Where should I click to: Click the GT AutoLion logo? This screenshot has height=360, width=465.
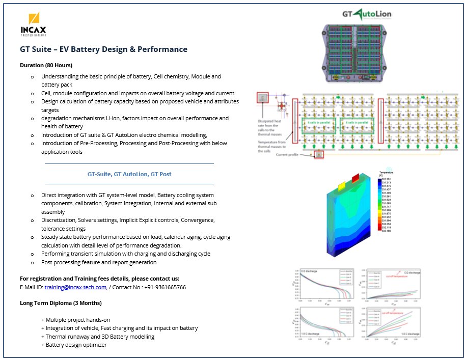[366, 14]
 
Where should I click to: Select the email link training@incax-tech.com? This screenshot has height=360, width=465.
[75, 287]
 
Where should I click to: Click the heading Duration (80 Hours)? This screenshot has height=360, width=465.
[46, 65]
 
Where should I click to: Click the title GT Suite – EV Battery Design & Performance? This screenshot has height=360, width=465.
[103, 49]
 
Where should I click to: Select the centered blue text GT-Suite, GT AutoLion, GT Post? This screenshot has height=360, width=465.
[129, 174]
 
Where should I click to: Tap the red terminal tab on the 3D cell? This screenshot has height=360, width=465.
[355, 177]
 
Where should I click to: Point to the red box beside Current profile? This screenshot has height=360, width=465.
[319, 154]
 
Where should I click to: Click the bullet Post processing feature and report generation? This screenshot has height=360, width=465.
[99, 262]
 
